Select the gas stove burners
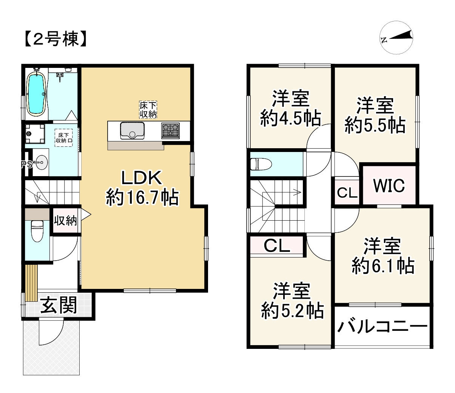pyautogui.click(x=171, y=131)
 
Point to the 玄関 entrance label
pyautogui.click(x=58, y=305)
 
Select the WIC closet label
pyautogui.click(x=389, y=185)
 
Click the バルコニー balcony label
pyautogui.click(x=382, y=327)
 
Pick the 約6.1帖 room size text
pyautogui.click(x=383, y=266)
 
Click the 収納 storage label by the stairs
pyautogui.click(x=65, y=220)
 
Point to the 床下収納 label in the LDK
pyautogui.click(x=148, y=110)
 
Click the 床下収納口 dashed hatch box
pyautogui.click(x=63, y=138)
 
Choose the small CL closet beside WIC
pyautogui.click(x=347, y=193)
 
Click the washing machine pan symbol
pyautogui.click(x=34, y=134)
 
